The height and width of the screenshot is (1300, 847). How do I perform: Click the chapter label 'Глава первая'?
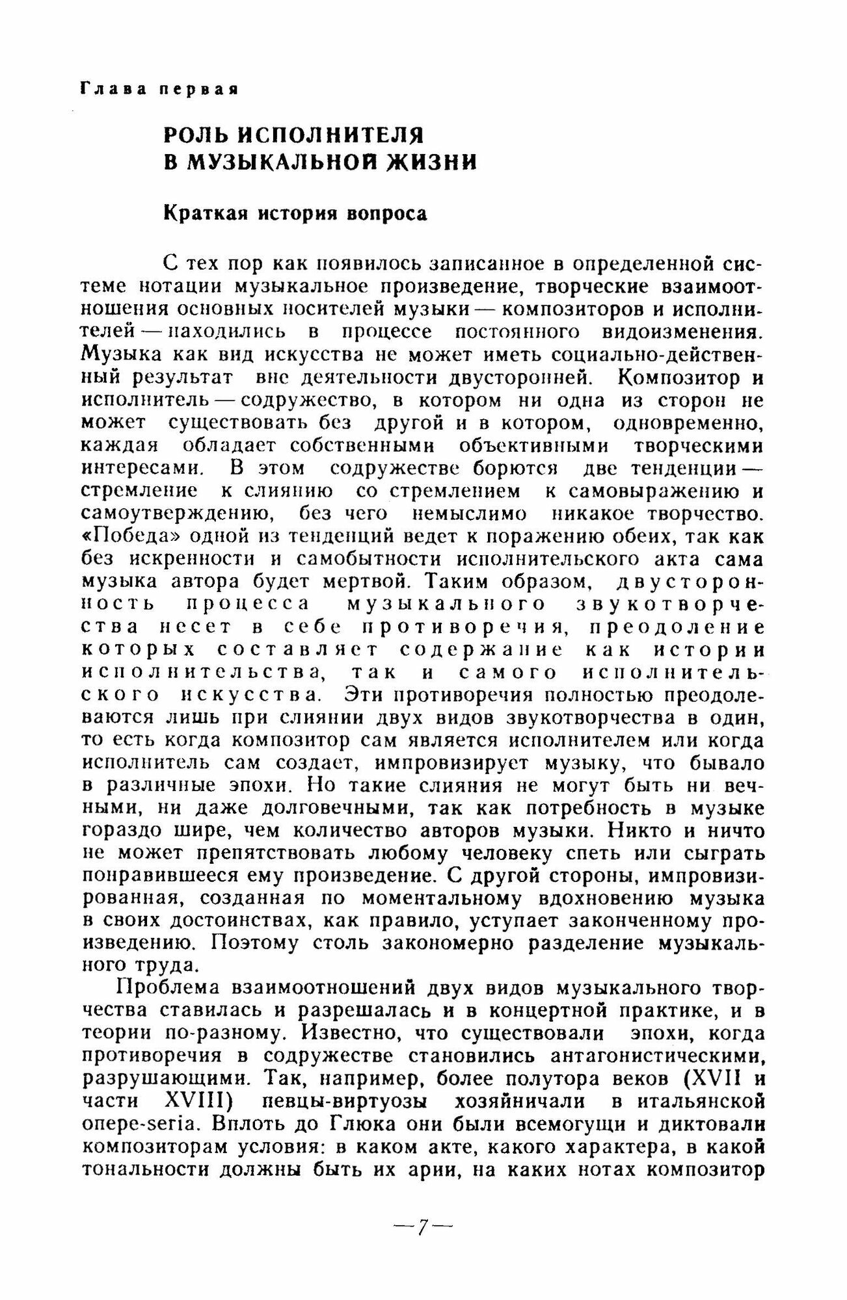click(159, 89)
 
